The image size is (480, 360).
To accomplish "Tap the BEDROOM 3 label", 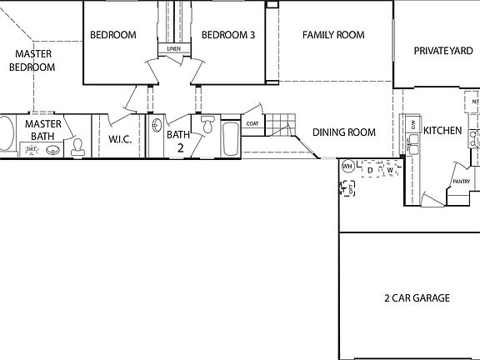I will pos(227,35).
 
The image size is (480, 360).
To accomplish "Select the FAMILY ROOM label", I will pos(333,35).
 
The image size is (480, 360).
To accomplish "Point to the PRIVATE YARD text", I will pos(443,51).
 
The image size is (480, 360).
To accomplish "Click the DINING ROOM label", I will pos(343,132).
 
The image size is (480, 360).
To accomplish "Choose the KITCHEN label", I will pos(442,131).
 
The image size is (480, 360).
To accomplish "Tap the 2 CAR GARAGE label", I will pos(417,297).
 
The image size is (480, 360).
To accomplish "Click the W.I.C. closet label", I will pos(121,139).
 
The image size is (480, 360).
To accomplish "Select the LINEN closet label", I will pos(173,49).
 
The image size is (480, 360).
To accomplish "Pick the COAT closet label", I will pos(252,125).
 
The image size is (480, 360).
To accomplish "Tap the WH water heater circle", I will pos(347,165).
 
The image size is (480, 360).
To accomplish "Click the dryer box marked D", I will pos(370,169).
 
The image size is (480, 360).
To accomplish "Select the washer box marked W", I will pos(389,169).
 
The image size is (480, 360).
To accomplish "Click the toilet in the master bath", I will pos(77,147).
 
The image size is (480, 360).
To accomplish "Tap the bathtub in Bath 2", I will pos(229,137).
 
